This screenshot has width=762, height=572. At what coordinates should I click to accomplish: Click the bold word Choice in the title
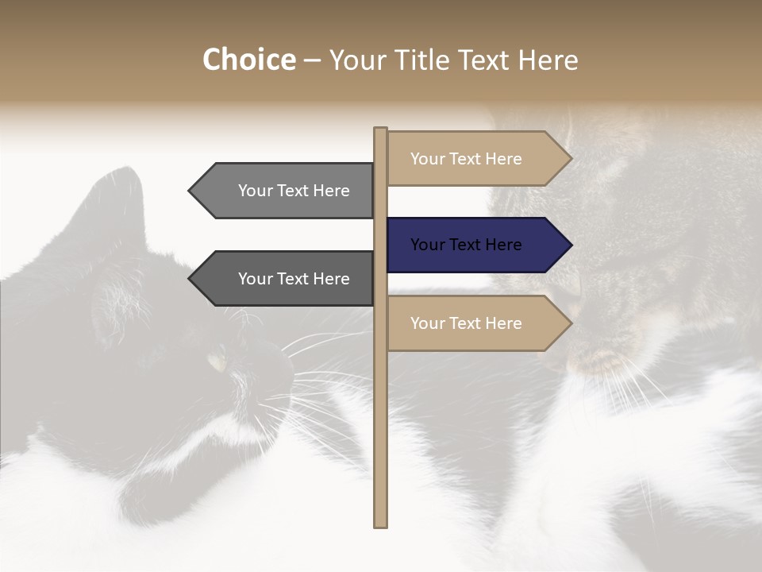click(x=248, y=60)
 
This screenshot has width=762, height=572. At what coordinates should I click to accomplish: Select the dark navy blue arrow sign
click(x=476, y=245)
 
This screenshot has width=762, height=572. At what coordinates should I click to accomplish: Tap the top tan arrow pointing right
click(x=476, y=159)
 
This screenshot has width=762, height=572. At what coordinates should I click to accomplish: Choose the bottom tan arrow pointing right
click(x=476, y=323)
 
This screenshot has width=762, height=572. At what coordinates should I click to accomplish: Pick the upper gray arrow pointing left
click(x=286, y=191)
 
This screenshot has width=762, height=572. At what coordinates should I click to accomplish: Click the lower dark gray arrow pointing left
click(x=286, y=279)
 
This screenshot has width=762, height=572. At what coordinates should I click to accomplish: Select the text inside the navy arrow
click(x=466, y=245)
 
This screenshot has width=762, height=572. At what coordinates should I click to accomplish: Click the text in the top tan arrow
click(x=466, y=159)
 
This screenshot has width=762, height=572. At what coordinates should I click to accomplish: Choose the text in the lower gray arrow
click(x=294, y=279)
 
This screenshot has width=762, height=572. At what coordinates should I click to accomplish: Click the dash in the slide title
click(x=312, y=61)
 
